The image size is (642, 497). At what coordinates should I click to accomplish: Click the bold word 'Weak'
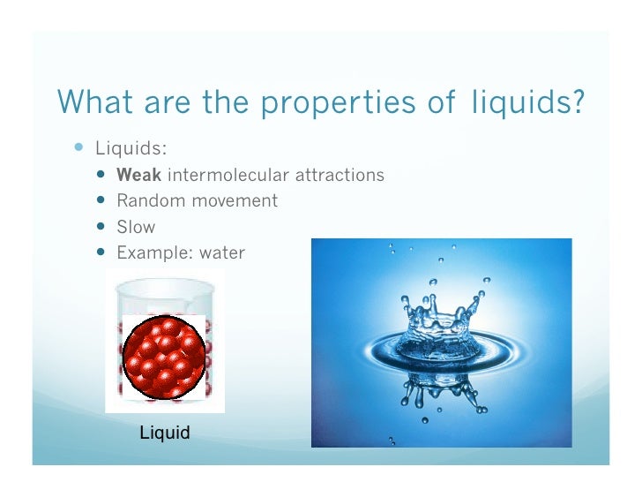(x=138, y=175)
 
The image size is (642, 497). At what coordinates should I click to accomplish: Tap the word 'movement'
(x=231, y=200)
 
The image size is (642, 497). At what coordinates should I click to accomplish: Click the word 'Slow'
(x=136, y=227)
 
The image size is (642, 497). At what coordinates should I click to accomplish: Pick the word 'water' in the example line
(x=222, y=253)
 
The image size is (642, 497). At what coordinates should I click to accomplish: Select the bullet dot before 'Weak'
(x=101, y=175)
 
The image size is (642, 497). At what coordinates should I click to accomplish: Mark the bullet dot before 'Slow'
(x=101, y=227)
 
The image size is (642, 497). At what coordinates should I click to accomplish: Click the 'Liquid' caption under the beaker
(x=165, y=433)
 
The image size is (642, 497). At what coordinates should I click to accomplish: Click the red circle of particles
(x=164, y=353)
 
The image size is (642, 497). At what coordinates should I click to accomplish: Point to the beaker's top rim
(x=165, y=282)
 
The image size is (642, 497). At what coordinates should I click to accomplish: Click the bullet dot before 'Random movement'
(x=101, y=200)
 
